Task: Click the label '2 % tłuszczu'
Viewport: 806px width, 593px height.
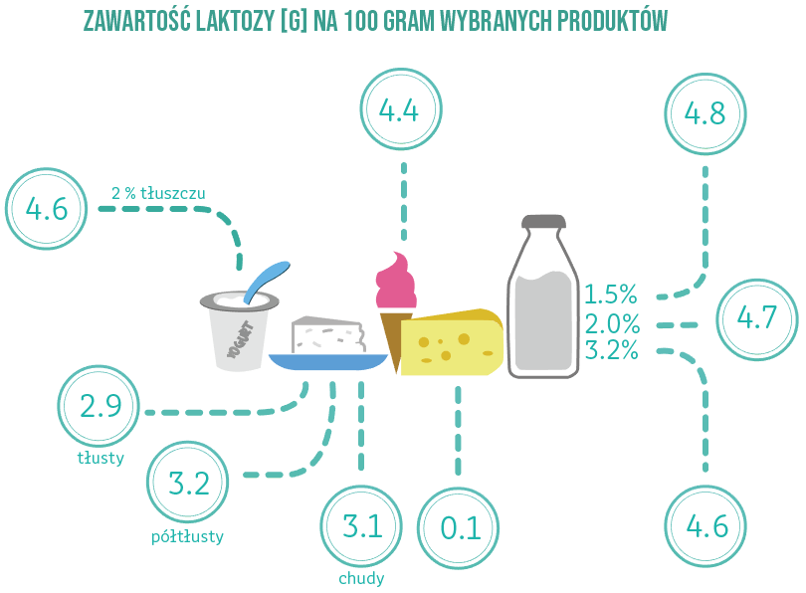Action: click(158, 193)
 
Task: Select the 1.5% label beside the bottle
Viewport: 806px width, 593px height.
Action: click(611, 295)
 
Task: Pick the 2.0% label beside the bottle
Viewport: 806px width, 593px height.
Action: click(612, 323)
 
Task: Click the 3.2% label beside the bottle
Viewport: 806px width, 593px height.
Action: click(612, 350)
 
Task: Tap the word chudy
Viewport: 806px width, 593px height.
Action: click(361, 579)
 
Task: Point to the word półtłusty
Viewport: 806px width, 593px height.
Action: click(188, 536)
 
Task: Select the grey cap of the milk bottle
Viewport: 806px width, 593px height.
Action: click(543, 222)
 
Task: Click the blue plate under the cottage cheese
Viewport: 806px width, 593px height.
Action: click(328, 362)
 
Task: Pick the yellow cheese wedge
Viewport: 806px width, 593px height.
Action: click(452, 342)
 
